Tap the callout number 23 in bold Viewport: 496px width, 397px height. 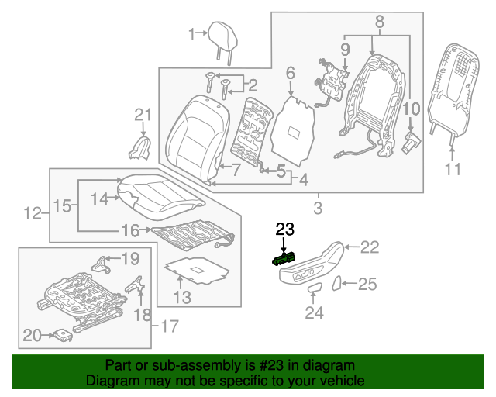[284, 229]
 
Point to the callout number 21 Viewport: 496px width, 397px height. [140, 116]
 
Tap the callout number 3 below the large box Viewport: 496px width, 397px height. [317, 208]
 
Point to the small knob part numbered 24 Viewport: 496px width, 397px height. [313, 289]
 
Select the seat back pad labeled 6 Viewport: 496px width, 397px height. [293, 124]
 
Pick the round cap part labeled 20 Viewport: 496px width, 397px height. [60, 334]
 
